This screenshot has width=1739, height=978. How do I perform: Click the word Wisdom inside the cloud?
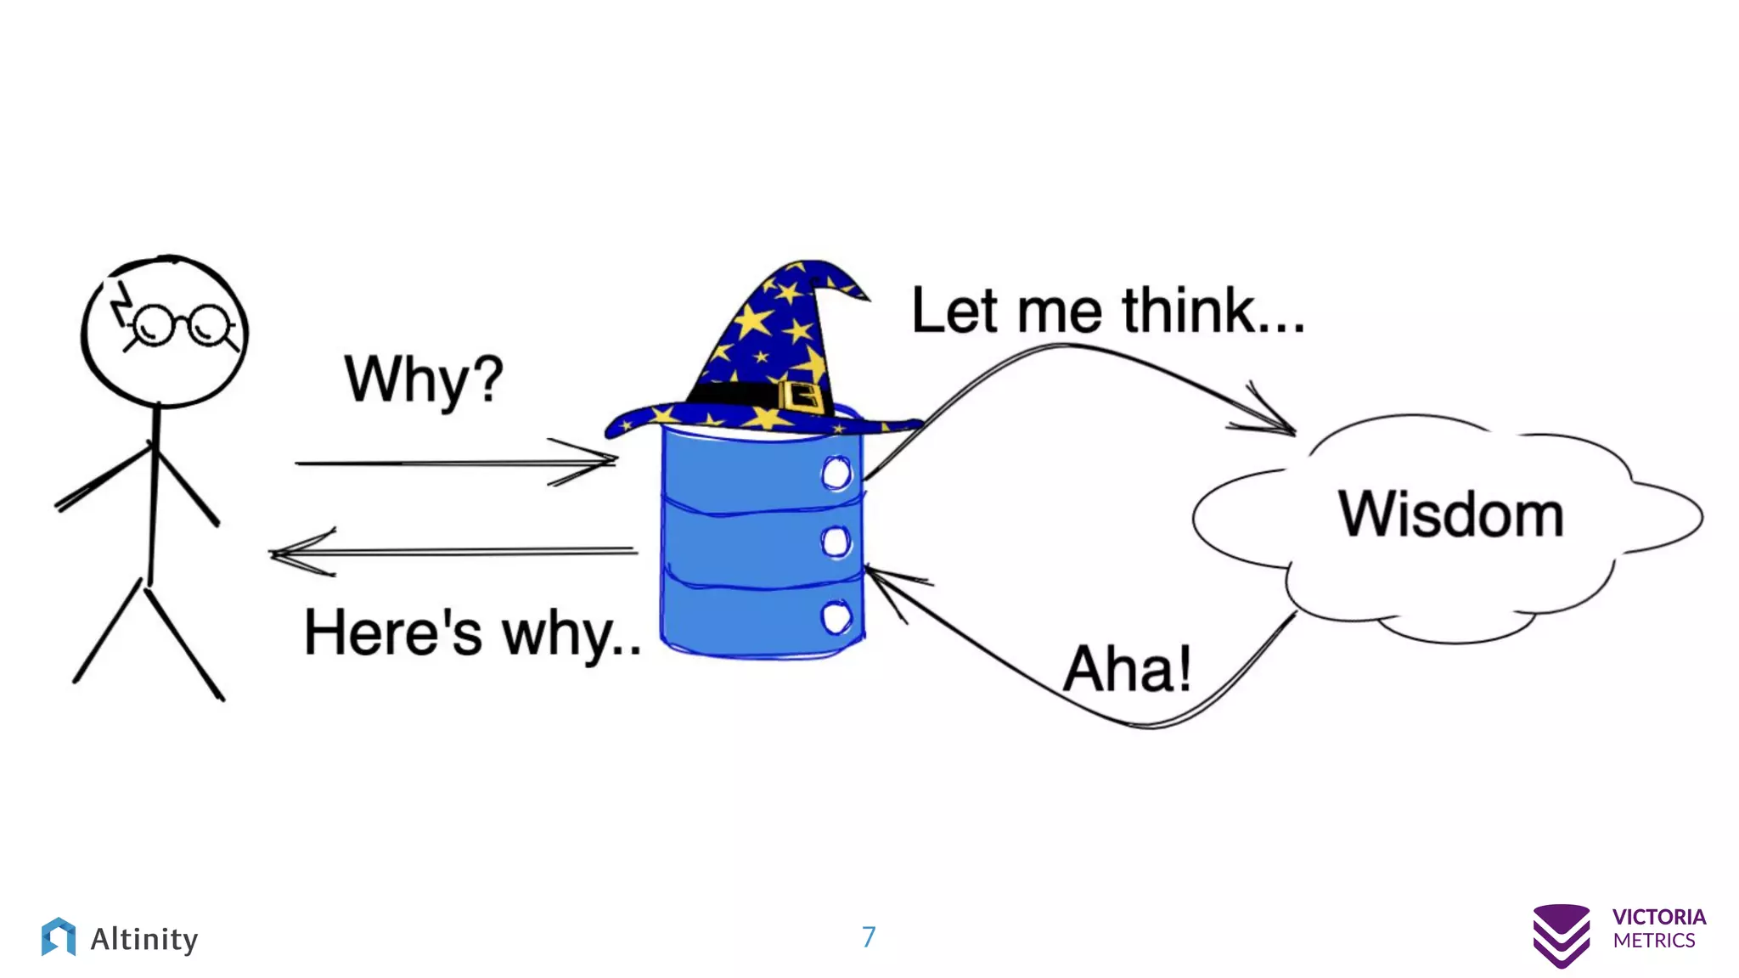click(x=1450, y=514)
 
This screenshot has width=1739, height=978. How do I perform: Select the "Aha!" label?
click(x=1127, y=669)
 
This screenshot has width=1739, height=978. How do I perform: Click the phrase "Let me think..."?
click(x=1107, y=311)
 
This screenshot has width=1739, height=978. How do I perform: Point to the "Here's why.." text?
click(x=472, y=633)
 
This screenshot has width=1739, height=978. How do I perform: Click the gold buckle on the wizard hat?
click(x=800, y=396)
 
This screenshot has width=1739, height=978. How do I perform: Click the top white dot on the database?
click(x=836, y=473)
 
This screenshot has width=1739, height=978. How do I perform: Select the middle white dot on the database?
click(x=836, y=542)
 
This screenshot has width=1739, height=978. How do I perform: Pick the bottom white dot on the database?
click(x=836, y=617)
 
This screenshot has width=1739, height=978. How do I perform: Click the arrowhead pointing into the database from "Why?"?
click(x=607, y=461)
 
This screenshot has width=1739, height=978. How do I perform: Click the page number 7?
click(x=868, y=936)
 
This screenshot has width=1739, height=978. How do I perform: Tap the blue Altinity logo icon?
click(x=58, y=937)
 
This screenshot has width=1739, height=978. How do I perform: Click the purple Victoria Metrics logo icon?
click(x=1561, y=936)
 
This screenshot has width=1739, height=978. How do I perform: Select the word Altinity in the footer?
click(x=144, y=939)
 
